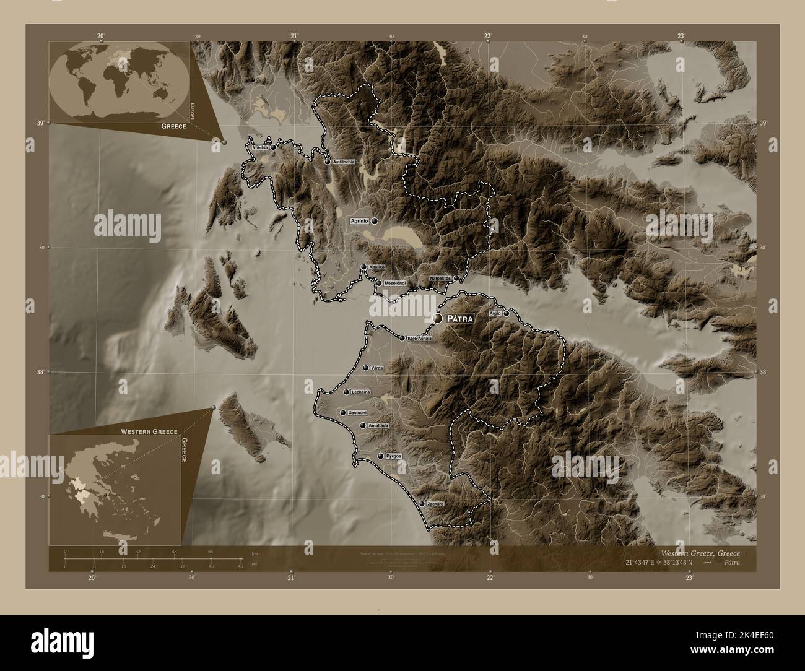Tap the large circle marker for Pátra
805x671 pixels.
(x=438, y=318)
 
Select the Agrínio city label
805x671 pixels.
(x=360, y=220)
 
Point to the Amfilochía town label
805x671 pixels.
(x=344, y=162)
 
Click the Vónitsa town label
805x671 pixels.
(x=260, y=148)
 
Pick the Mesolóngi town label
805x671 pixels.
(x=395, y=284)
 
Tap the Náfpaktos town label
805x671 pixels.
(x=440, y=279)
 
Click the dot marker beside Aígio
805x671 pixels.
(x=507, y=314)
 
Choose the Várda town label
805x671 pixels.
(x=377, y=368)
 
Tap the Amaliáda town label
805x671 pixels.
(x=378, y=426)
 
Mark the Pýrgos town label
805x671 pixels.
(x=394, y=456)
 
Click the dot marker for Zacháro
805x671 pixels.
(x=422, y=504)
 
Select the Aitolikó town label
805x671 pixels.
(x=377, y=267)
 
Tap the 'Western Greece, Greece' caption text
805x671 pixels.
(x=700, y=553)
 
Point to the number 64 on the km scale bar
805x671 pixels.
(x=211, y=551)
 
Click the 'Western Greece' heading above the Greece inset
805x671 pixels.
(x=149, y=431)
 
